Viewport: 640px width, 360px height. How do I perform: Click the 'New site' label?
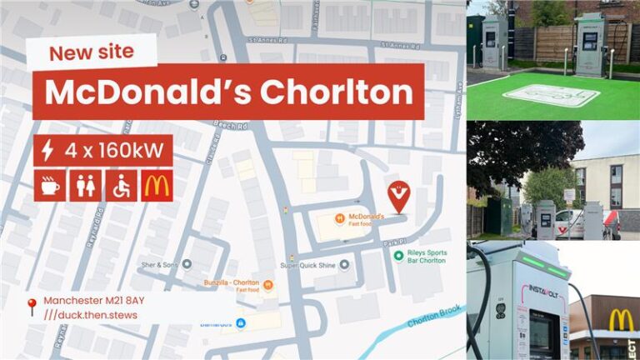point(91,52)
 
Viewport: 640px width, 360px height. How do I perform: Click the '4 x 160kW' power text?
point(117,151)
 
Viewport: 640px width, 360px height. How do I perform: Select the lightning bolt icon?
point(47,151)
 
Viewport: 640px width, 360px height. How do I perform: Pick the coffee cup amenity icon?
point(50,185)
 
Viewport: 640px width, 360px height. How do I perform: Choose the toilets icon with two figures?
point(85,185)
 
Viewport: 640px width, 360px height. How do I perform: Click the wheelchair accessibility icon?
point(120,185)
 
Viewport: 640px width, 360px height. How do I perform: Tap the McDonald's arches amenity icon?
point(156,185)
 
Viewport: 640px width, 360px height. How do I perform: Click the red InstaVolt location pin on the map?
point(399,197)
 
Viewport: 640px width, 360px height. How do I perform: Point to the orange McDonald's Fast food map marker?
point(339,218)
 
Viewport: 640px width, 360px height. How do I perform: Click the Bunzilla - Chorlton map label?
point(232,283)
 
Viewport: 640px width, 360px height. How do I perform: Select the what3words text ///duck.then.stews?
point(92,315)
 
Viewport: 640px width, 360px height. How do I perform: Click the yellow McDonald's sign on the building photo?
point(621,319)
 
